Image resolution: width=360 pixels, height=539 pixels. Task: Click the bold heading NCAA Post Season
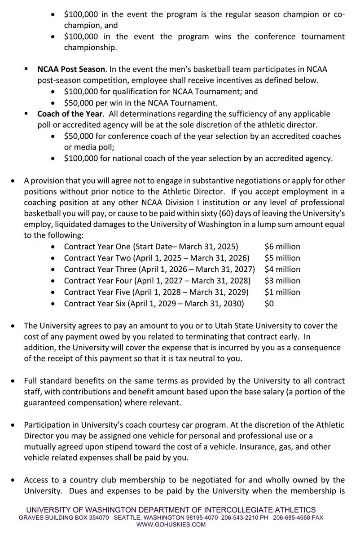[x=71, y=69]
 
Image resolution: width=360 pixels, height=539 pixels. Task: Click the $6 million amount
[x=282, y=247]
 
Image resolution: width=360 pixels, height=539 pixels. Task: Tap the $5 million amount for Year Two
[x=282, y=258]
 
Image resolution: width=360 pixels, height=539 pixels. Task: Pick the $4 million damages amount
[x=282, y=269]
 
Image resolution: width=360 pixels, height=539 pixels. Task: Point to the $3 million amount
[x=282, y=281]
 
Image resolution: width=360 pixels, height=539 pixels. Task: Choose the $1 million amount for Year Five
[x=282, y=292]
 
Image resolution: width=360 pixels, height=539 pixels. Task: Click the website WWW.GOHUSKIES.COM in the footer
[x=171, y=524]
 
